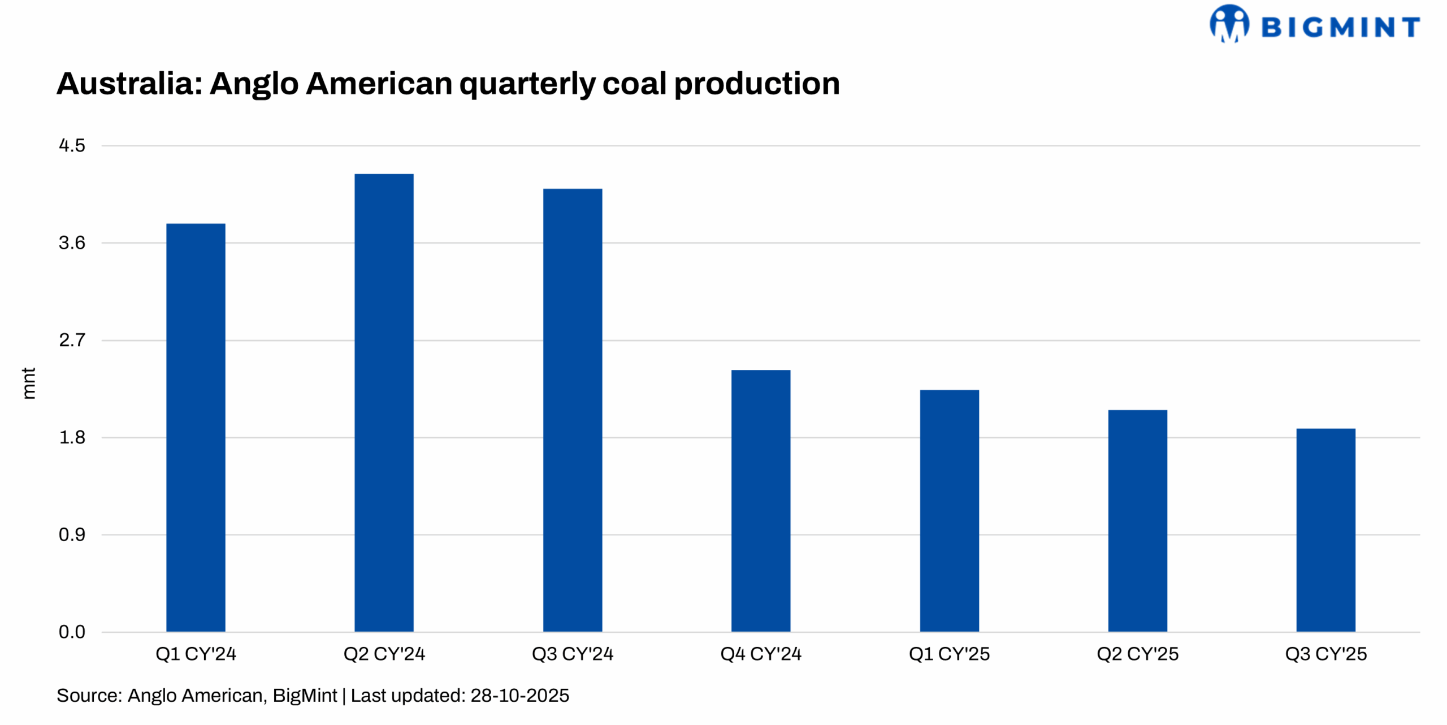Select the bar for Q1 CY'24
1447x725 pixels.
tap(196, 427)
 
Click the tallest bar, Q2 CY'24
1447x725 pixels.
tap(384, 402)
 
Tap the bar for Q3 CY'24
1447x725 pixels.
tap(572, 409)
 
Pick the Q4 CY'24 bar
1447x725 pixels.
tap(760, 500)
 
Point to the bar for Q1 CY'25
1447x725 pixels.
tap(949, 510)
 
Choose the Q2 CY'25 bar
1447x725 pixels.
tap(1137, 520)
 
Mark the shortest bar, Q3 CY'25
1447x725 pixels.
tap(1325, 529)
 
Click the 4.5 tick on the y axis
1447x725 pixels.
tap(72, 145)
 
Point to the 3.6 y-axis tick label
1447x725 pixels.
tap(72, 243)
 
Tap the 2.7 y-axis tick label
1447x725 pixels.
tap(72, 340)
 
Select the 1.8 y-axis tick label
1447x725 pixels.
tap(72, 437)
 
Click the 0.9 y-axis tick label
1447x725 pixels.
tap(72, 534)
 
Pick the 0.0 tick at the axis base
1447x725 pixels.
tap(72, 632)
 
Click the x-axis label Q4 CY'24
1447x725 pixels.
tap(760, 654)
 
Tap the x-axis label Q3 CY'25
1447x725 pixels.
tap(1325, 654)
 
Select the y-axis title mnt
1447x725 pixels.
tap(29, 383)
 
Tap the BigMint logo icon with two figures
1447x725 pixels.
tap(1229, 24)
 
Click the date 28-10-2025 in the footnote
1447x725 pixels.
tap(519, 695)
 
